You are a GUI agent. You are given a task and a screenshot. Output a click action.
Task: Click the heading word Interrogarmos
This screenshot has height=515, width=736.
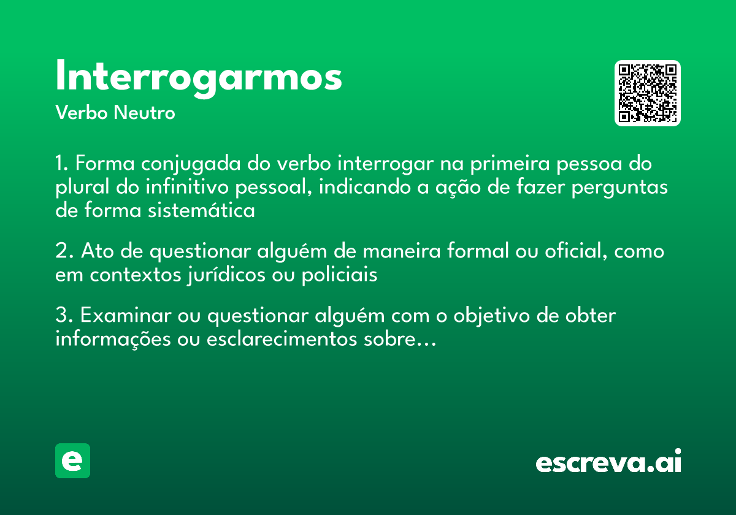coord(198,77)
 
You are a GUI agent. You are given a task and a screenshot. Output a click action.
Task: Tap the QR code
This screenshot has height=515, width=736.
coord(648,93)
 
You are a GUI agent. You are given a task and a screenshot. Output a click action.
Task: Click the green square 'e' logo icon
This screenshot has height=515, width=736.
coord(72,460)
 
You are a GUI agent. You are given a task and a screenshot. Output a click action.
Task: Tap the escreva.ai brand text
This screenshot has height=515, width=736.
coord(608,462)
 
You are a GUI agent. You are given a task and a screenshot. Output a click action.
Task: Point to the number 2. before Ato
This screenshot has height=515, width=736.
coord(64,251)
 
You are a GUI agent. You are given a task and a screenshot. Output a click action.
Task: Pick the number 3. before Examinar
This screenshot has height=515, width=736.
coord(64,316)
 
